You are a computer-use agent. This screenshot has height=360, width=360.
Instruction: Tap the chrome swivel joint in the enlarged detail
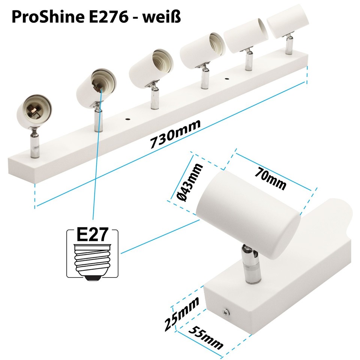(x=248, y=262)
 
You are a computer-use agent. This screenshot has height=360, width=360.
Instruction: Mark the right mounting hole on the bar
(x=226, y=79)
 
